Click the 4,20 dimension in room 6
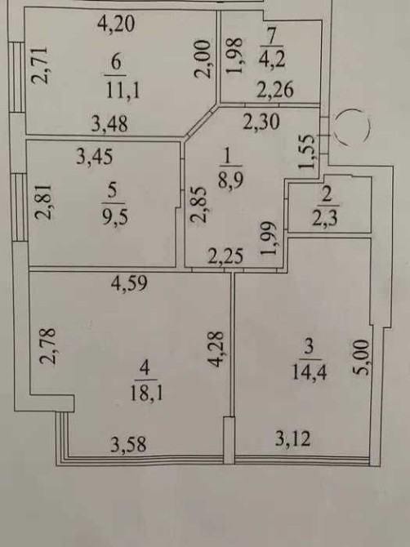[116, 24]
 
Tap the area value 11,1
[123, 91]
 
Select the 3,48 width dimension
[109, 123]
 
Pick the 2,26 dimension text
[275, 89]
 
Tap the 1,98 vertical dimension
[234, 56]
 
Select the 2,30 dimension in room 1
[261, 122]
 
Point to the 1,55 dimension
[307, 152]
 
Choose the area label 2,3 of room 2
[324, 220]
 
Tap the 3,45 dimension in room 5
[95, 157]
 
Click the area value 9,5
[115, 216]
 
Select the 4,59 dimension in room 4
[129, 283]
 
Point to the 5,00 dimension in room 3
[360, 358]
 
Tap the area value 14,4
[310, 372]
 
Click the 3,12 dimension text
[292, 438]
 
